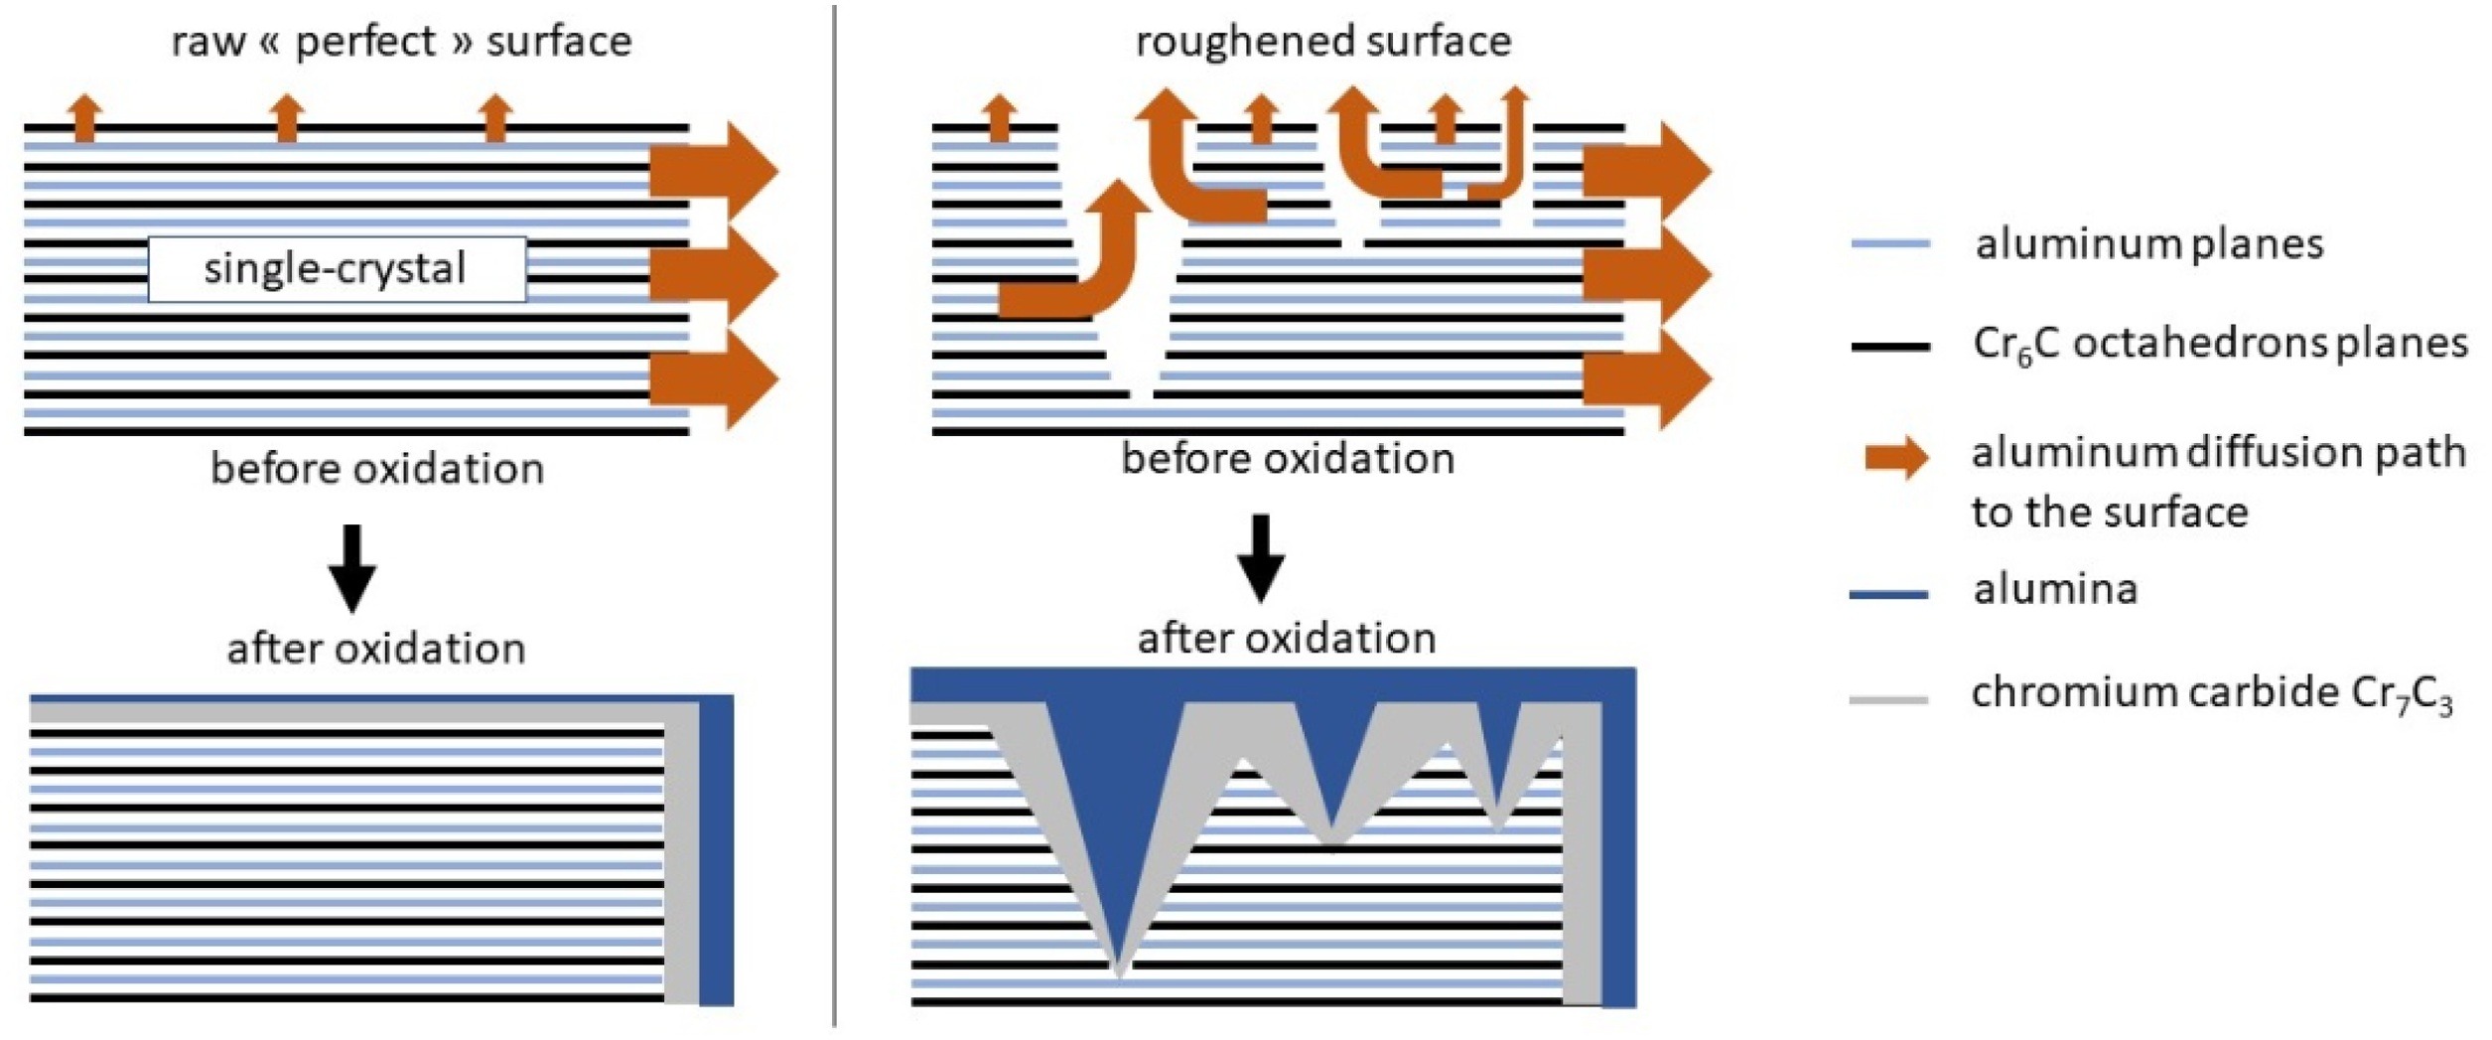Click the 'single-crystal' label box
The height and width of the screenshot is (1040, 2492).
337,269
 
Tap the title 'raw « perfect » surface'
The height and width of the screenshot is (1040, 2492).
401,42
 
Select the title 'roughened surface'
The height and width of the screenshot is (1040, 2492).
1322,42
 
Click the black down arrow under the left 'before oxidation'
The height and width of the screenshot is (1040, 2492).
352,567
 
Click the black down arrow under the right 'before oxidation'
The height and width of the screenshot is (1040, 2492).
1261,557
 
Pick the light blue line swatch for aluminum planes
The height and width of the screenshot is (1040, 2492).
1889,243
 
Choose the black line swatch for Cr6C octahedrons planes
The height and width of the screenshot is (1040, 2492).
1889,347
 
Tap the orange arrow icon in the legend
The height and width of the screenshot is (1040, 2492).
1895,457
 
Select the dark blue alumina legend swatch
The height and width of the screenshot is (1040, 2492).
1887,594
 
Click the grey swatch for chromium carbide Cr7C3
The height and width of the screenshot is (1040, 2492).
1887,699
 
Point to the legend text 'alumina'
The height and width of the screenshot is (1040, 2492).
2054,589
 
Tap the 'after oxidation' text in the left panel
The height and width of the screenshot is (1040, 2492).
376,649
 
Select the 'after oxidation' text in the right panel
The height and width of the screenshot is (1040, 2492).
1286,638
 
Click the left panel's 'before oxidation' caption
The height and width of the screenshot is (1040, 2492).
377,469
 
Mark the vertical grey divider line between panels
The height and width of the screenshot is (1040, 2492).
834,517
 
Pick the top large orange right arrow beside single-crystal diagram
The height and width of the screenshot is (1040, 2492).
713,171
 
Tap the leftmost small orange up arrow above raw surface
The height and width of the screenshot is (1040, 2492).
86,117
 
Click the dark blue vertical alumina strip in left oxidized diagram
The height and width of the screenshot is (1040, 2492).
716,854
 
